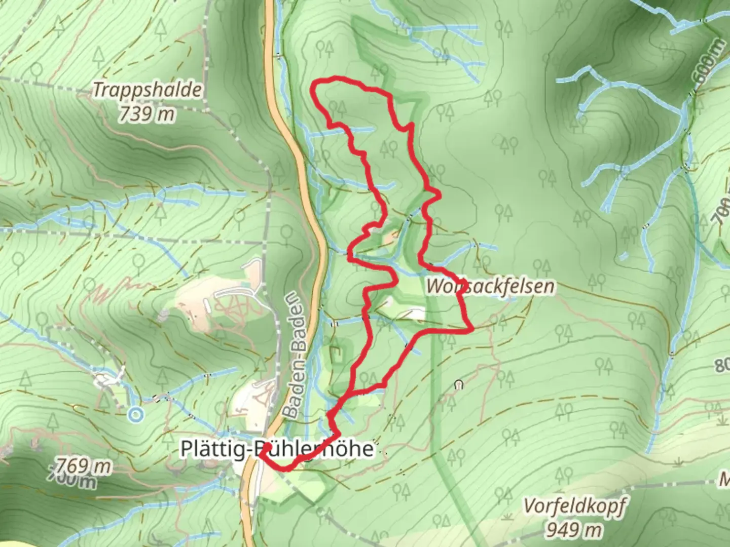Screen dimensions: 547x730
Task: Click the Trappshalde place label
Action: pyautogui.click(x=148, y=90)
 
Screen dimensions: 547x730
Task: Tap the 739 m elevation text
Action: pyautogui.click(x=147, y=114)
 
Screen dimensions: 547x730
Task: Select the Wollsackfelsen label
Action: pyautogui.click(x=490, y=286)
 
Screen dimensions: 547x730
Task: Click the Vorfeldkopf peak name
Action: pyautogui.click(x=574, y=506)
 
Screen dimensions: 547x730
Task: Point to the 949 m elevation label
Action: pyautogui.click(x=574, y=530)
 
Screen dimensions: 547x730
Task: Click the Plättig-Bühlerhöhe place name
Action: pyautogui.click(x=277, y=449)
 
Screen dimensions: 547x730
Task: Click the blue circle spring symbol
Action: pyautogui.click(x=135, y=415)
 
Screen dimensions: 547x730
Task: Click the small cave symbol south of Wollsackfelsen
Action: pyautogui.click(x=459, y=385)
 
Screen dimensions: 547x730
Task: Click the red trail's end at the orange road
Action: pyautogui.click(x=262, y=453)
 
